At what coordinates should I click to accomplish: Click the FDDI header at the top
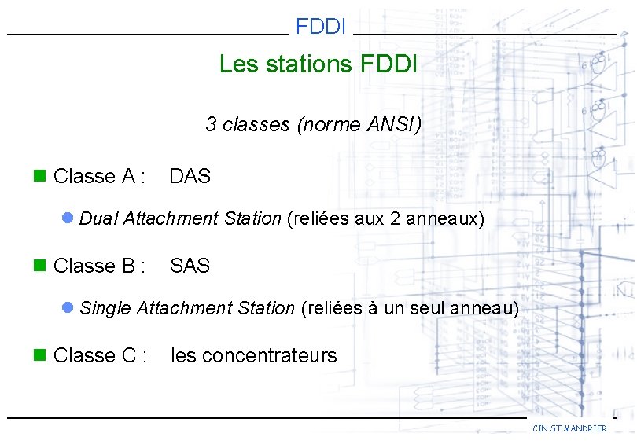pos(321,27)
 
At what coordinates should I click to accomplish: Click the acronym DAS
pos(190,176)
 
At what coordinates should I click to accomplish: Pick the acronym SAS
pos(190,266)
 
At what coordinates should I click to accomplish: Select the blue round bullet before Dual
pos(68,218)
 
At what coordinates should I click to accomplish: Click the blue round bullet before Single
pos(68,307)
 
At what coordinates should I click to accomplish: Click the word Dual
pos(98,218)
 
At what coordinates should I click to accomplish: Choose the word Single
pos(105,308)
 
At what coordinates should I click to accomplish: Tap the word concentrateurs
pos(269,356)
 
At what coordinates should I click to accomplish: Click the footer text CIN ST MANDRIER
pos(569,428)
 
